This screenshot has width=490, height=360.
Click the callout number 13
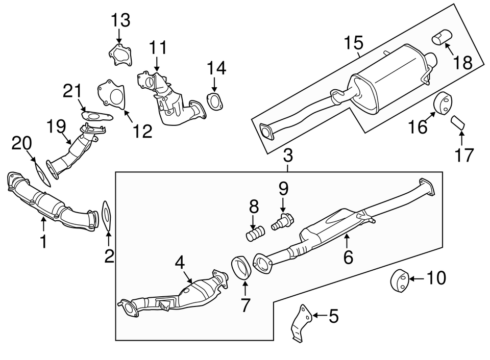(121, 20)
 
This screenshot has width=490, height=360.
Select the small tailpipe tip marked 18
(440, 37)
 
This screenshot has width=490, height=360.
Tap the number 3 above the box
(288, 154)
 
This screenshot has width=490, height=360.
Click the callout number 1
(43, 241)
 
